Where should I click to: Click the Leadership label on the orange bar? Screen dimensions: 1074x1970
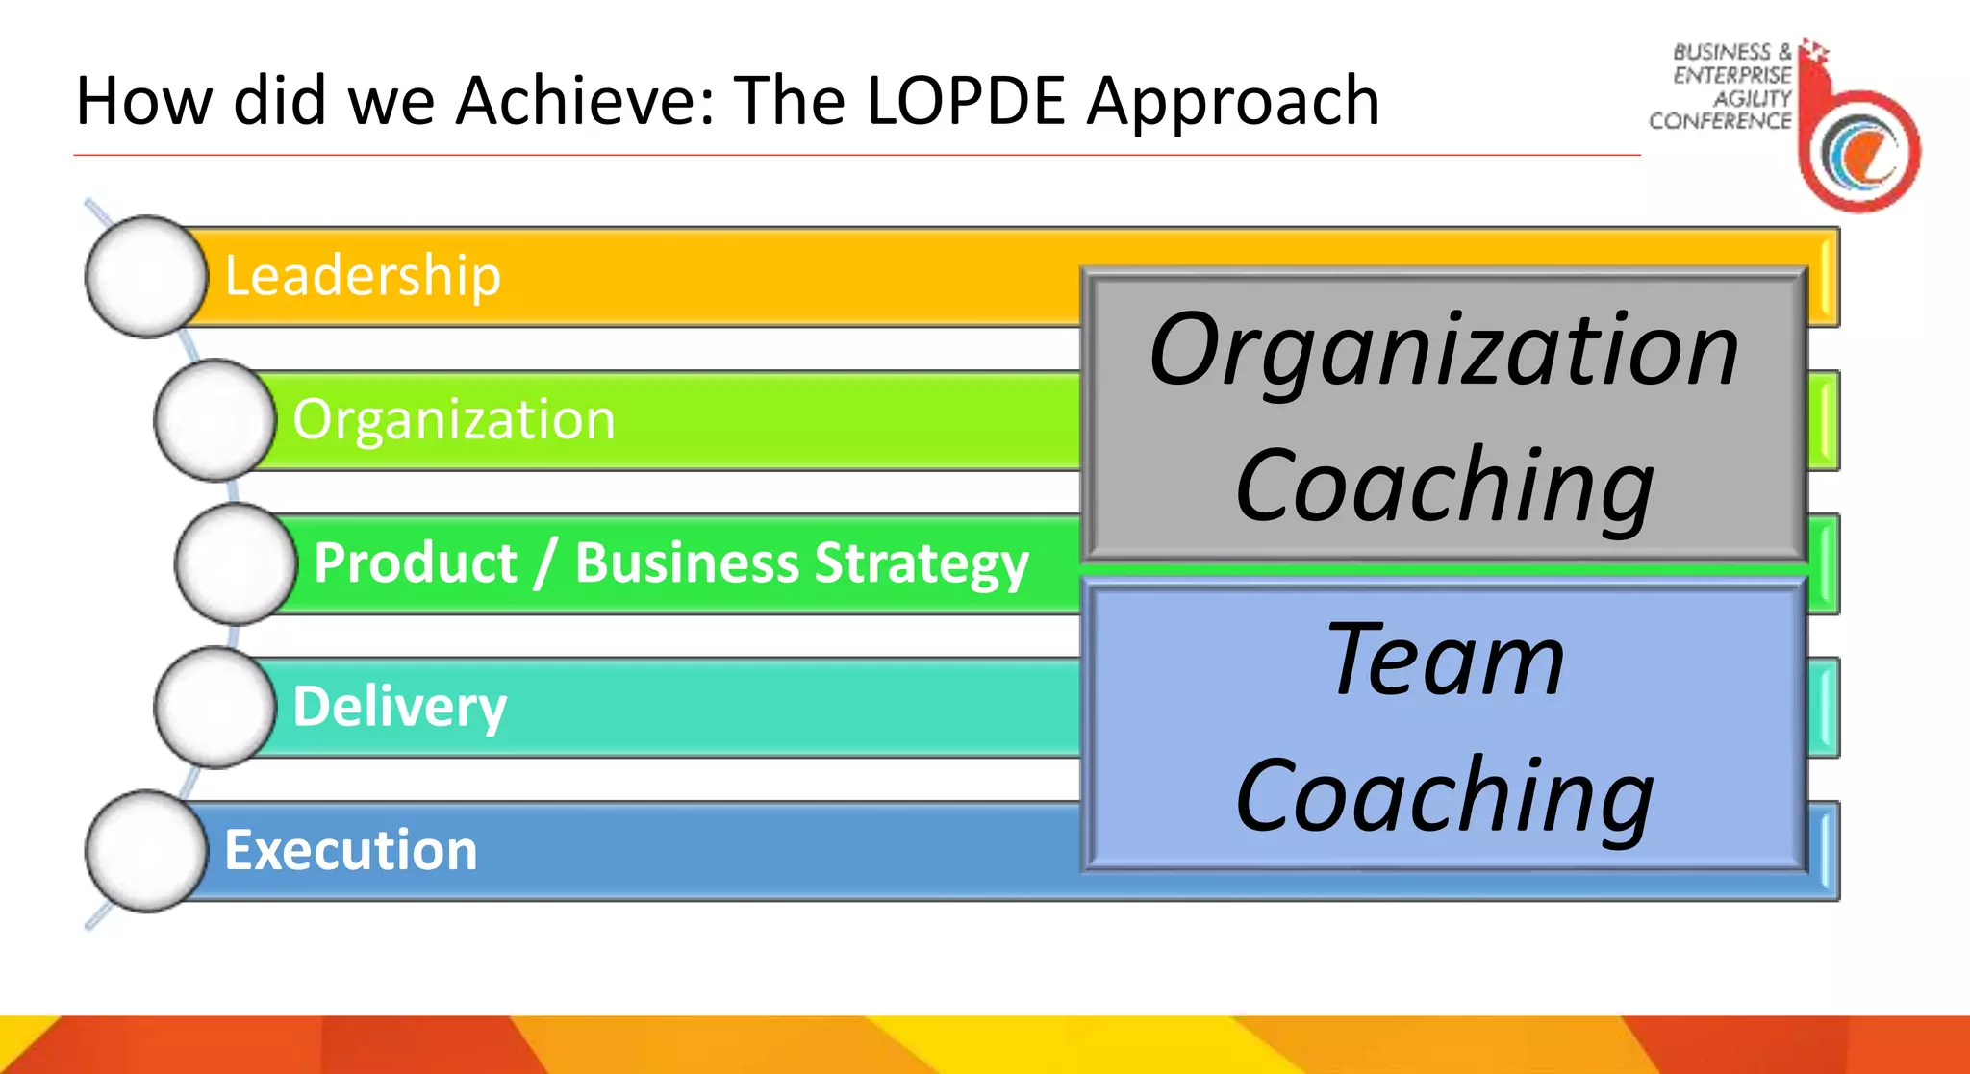(363, 276)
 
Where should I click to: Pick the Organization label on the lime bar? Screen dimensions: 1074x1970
(453, 420)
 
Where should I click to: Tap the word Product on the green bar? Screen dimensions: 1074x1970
(416, 563)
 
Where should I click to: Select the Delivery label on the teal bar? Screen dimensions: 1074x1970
(399, 708)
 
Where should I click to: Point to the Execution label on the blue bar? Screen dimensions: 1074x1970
(350, 851)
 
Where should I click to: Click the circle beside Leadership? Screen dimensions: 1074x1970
(145, 277)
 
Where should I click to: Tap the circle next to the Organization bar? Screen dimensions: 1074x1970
(215, 420)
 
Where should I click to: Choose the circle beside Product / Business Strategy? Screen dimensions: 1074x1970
(235, 564)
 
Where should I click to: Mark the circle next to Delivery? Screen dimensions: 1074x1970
(215, 708)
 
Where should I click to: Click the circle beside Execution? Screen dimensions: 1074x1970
(145, 851)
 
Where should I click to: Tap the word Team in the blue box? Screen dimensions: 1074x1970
(1445, 660)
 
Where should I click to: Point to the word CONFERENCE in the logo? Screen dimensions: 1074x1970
(1719, 121)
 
